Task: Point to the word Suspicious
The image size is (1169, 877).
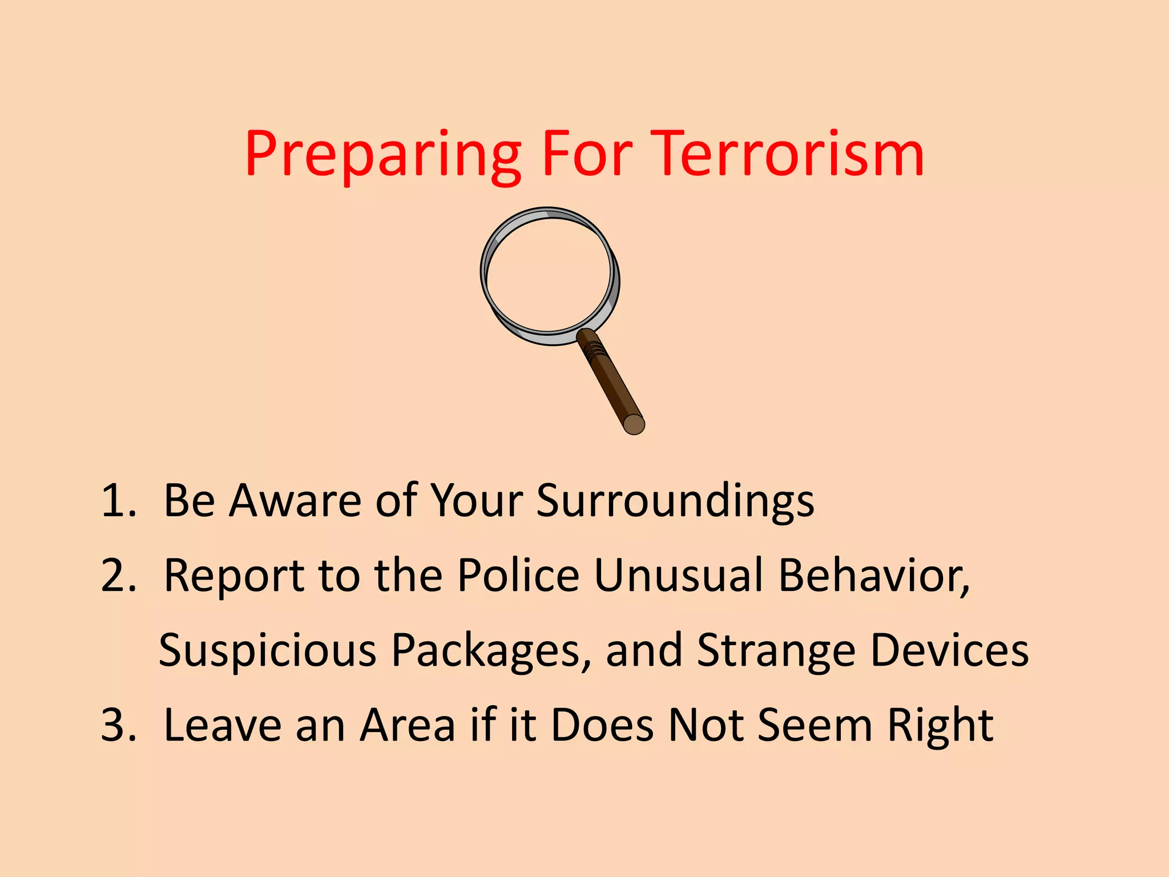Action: pyautogui.click(x=268, y=651)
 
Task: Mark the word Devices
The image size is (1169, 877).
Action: pyautogui.click(x=950, y=651)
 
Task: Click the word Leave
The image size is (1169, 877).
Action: pyautogui.click(x=223, y=725)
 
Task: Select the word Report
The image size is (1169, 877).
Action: pyautogui.click(x=233, y=577)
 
